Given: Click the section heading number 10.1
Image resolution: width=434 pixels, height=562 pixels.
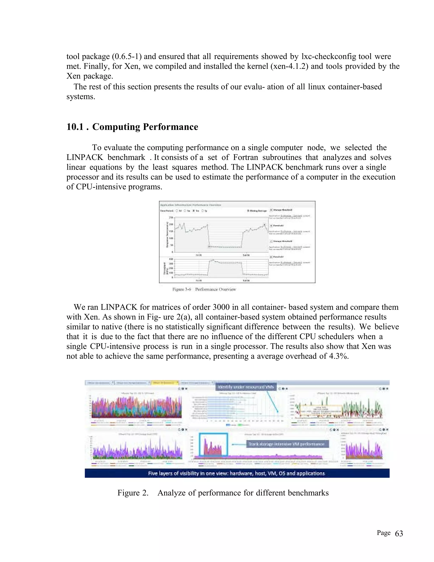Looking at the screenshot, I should (75, 127).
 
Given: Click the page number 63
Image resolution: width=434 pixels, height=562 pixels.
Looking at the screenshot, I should (399, 533).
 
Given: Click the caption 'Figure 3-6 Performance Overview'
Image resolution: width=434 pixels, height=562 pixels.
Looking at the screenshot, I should (204, 289).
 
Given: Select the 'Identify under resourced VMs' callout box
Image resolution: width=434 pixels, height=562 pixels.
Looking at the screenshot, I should (246, 387).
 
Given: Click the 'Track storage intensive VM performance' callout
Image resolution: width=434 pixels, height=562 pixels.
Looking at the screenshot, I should (286, 444).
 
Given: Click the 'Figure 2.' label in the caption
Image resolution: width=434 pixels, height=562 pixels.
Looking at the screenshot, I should (133, 493).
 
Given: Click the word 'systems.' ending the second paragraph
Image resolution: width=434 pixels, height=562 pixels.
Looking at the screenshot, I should (81, 96).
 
